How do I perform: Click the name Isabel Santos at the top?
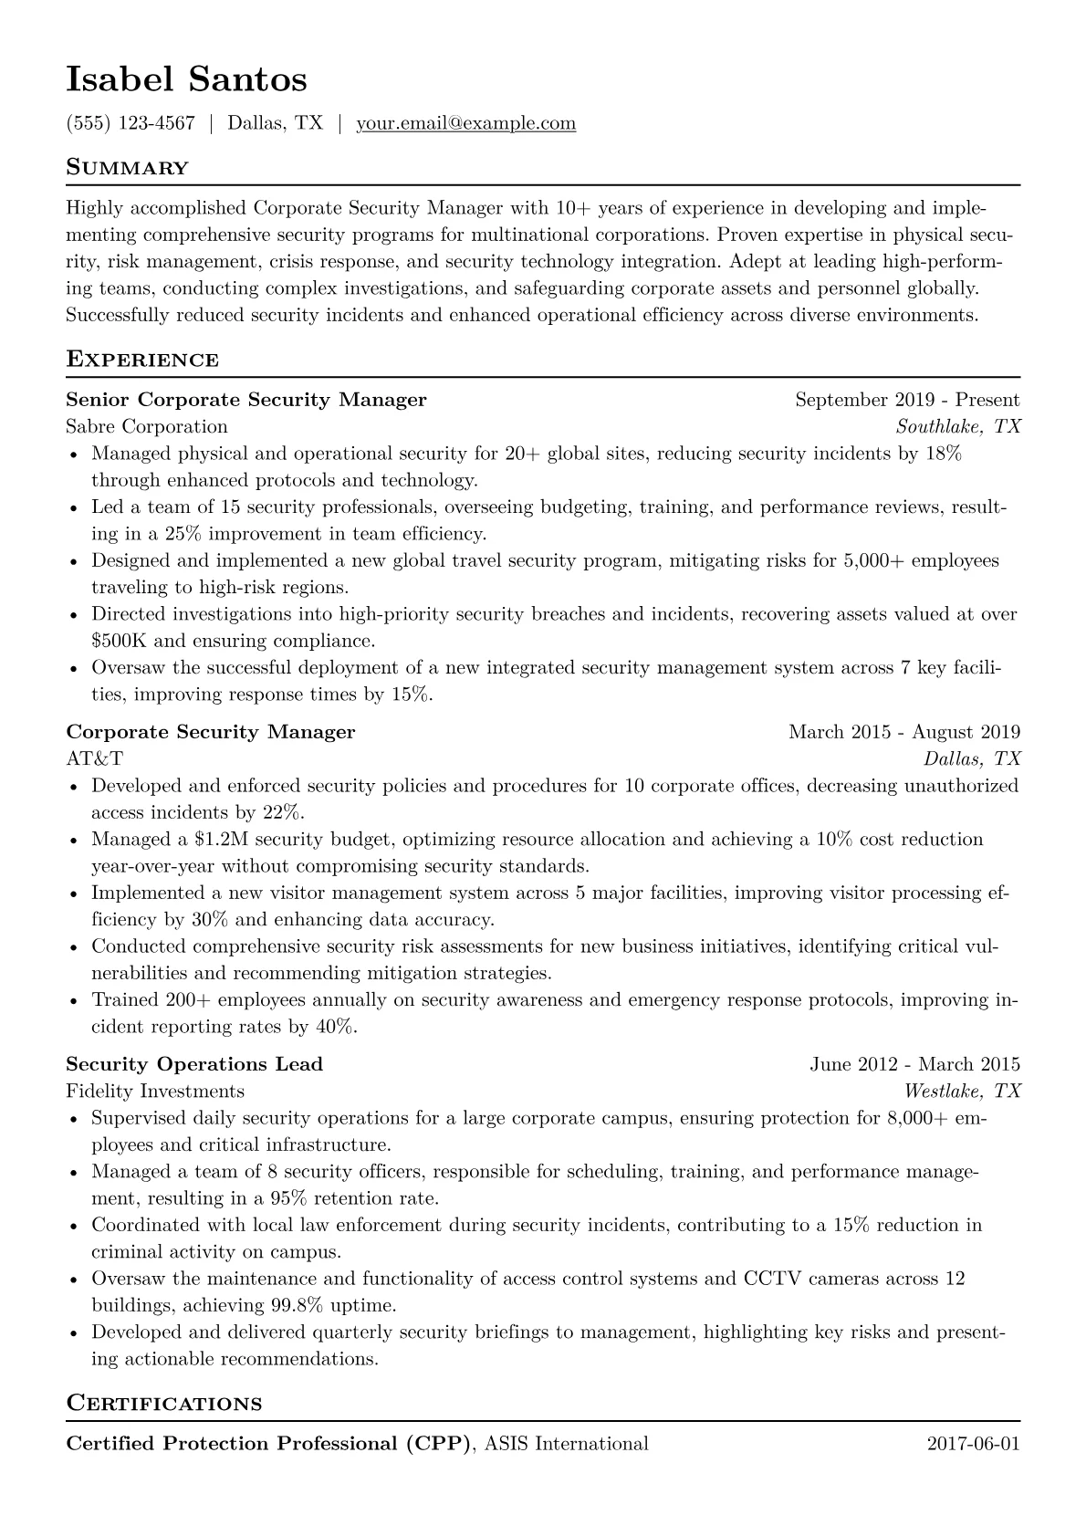[x=186, y=80]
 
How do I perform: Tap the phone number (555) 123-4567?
[x=131, y=123]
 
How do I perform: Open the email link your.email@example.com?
[x=465, y=123]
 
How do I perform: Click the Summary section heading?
[x=128, y=168]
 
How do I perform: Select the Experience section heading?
[x=142, y=360]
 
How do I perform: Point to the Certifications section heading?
[x=164, y=1403]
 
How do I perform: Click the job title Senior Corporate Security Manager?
[x=246, y=400]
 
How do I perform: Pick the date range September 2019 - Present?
[x=907, y=400]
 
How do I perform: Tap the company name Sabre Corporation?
[x=147, y=426]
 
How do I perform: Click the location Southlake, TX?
[x=958, y=426]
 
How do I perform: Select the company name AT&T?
[x=95, y=758]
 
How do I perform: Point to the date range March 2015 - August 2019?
[x=903, y=732]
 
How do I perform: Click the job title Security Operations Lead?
[x=194, y=1064]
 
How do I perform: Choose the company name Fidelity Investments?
[x=155, y=1092]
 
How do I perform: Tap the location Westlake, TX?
[x=962, y=1092]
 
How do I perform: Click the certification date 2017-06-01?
[x=973, y=1444]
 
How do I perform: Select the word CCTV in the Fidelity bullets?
[x=775, y=1279]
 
